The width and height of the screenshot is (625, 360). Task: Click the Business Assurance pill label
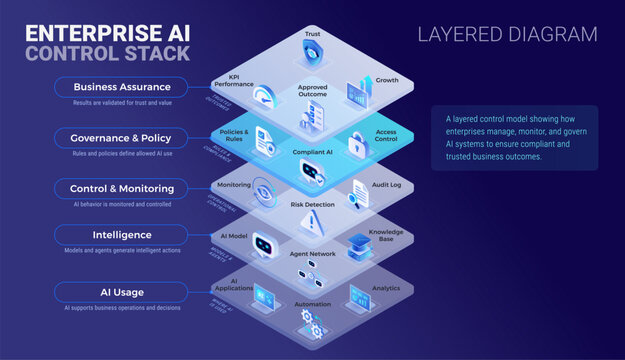point(121,86)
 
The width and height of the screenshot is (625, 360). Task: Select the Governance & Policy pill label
point(121,137)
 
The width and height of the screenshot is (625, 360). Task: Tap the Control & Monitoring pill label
point(121,188)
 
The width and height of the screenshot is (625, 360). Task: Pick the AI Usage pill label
point(121,291)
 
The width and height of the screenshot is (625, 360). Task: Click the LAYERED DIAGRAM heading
point(507,35)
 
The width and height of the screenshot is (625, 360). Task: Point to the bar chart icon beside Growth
point(357,93)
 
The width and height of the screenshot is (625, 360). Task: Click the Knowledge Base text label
point(386,234)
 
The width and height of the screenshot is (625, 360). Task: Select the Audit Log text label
point(386,186)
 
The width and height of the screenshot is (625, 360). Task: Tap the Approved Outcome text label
point(312,91)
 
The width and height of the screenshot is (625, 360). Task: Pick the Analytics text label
point(386,288)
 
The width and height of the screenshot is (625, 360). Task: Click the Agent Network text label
point(312,254)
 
